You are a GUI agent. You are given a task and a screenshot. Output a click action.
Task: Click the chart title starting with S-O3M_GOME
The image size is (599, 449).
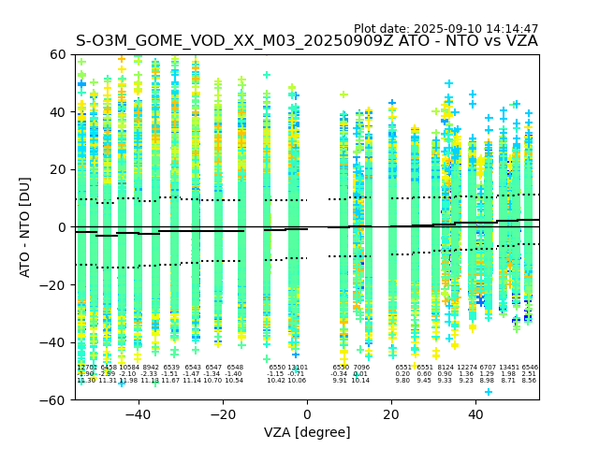tap(307, 41)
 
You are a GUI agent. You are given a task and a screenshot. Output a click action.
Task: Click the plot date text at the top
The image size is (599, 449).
tap(446, 29)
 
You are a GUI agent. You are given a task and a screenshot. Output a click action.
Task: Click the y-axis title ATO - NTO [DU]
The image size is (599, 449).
tap(26, 227)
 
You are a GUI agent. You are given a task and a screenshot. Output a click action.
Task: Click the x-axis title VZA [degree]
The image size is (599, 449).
tap(307, 432)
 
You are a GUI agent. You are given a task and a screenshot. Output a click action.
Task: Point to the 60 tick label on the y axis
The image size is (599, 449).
tap(58, 55)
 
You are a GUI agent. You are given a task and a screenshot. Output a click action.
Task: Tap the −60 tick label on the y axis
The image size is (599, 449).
tap(53, 399)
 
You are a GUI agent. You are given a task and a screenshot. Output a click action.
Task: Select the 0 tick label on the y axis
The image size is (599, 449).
tap(62, 227)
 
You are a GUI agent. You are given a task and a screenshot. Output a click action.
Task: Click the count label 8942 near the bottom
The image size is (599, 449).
tap(151, 368)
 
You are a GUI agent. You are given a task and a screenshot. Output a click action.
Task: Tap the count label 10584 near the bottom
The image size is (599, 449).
tap(129, 368)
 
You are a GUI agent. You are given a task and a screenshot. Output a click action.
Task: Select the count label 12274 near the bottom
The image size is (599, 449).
tap(467, 368)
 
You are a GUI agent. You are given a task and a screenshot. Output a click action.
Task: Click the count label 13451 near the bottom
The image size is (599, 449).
tap(509, 368)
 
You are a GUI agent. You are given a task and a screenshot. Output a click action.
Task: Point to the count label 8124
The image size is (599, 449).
tap(446, 368)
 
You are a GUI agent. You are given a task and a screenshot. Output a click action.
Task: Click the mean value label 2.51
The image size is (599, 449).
tap(530, 374)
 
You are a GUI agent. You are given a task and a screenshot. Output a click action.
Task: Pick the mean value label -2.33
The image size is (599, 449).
tap(150, 374)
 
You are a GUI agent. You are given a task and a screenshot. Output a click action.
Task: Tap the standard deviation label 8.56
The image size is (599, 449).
tap(530, 381)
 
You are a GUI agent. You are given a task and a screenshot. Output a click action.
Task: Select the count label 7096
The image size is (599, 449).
tap(361, 368)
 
